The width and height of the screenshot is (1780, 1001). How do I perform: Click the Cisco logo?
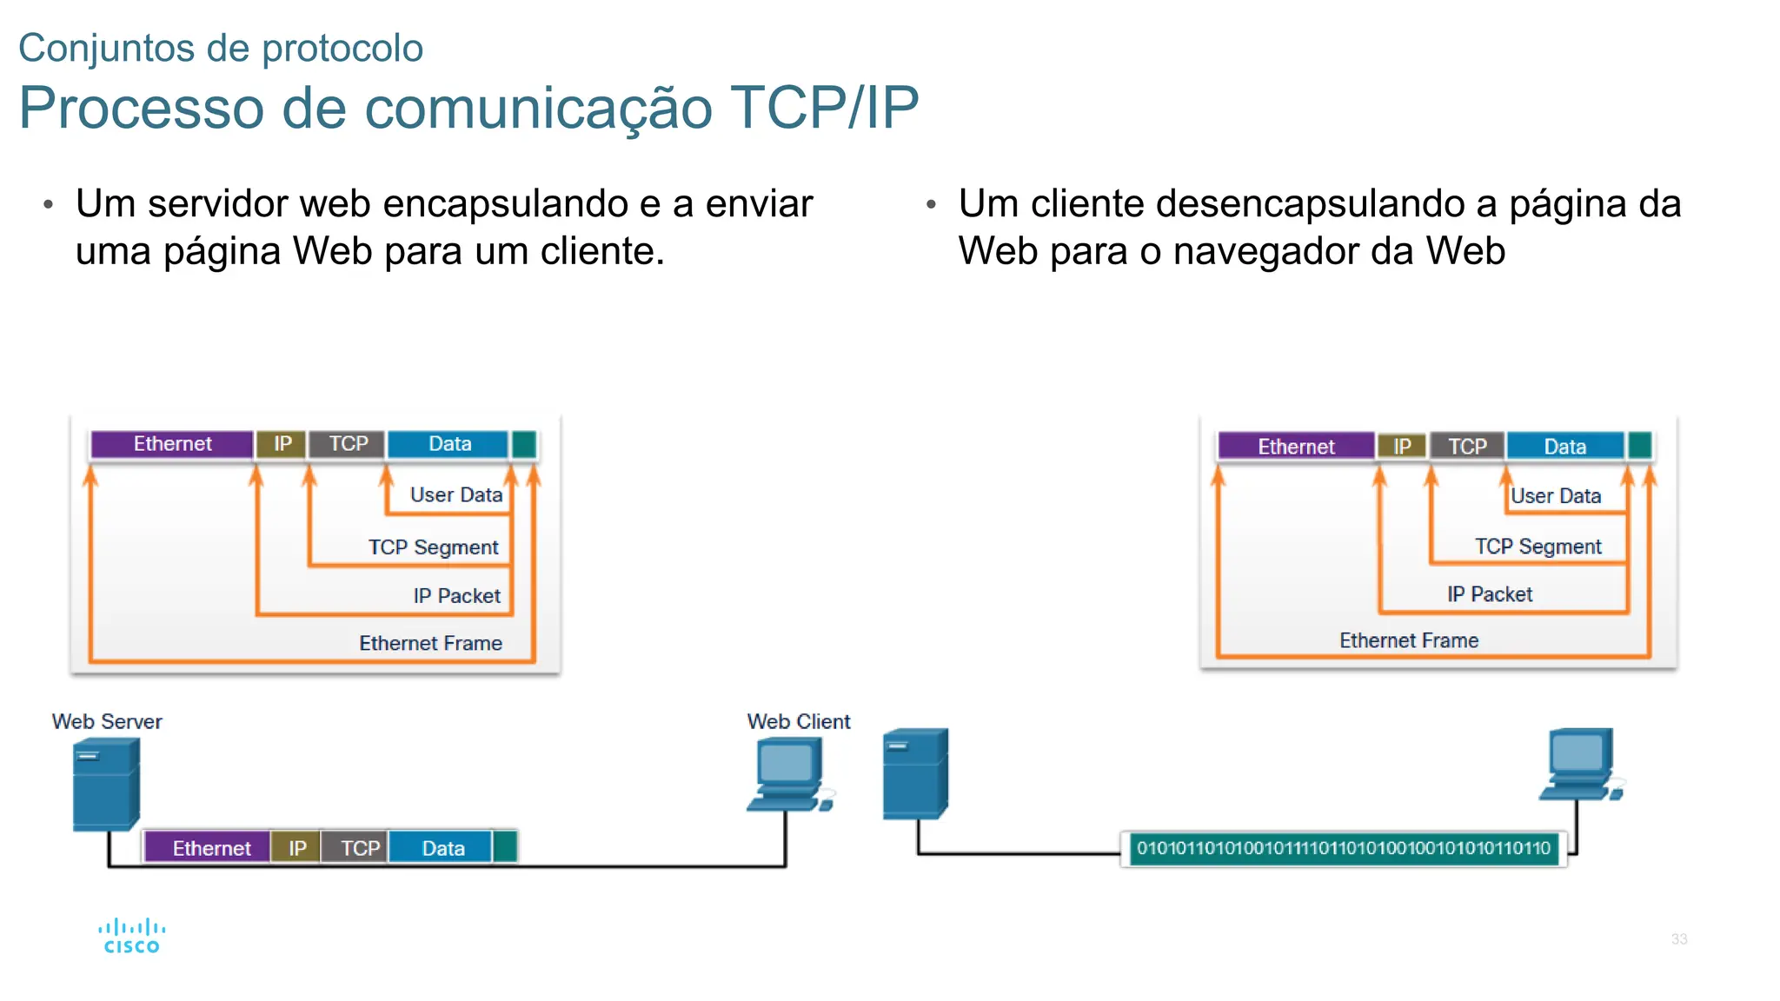coord(131,937)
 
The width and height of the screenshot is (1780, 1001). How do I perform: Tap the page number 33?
coord(1678,939)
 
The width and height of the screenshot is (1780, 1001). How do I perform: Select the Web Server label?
coord(107,721)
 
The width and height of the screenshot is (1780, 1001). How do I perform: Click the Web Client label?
coord(798,721)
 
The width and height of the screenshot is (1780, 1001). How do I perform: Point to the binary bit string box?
coord(1343,848)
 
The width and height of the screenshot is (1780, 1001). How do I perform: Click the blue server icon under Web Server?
coord(105,784)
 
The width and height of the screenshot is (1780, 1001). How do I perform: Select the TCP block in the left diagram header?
coord(348,444)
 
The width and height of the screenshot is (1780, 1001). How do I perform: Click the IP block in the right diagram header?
coord(1401,447)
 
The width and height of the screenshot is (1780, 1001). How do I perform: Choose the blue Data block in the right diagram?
coord(1564,447)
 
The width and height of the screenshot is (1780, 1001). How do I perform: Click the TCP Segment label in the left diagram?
coord(433,547)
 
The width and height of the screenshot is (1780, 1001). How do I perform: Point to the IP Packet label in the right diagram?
coord(1489,594)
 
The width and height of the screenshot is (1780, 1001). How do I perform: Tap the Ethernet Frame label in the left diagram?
coord(430,643)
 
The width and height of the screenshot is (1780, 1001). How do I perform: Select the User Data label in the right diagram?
coord(1555,496)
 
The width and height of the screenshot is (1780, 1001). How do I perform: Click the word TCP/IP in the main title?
coord(824,108)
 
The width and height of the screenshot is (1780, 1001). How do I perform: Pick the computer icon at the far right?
coord(1580,765)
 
